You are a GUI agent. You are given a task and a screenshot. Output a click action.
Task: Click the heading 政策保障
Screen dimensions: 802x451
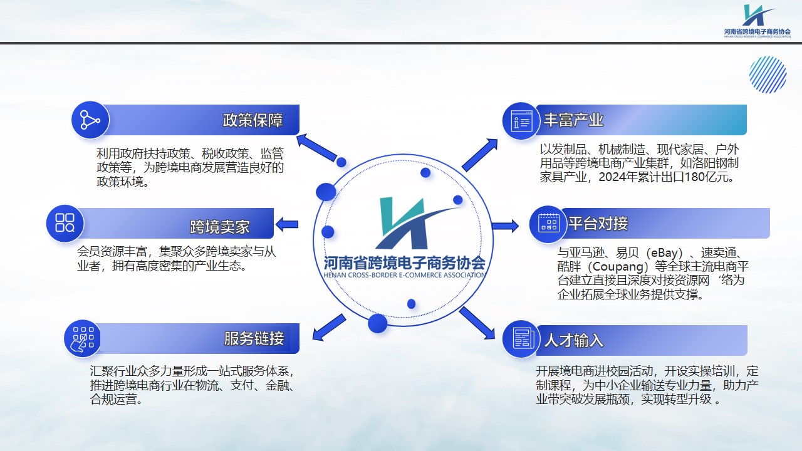pos(253,120)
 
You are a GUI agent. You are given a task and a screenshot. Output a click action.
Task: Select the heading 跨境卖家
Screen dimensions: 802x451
pos(219,227)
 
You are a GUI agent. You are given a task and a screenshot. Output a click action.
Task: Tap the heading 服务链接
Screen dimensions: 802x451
pos(254,338)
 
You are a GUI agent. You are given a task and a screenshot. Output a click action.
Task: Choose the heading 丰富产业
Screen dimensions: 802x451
pos(573,120)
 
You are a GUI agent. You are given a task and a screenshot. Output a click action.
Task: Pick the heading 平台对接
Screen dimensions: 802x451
pos(598,224)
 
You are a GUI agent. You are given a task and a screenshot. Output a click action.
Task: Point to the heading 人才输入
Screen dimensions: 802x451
pos(573,340)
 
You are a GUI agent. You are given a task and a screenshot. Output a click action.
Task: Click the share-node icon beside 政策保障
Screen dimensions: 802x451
pos(90,120)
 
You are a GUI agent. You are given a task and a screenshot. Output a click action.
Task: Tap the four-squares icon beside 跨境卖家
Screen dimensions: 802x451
pos(65,223)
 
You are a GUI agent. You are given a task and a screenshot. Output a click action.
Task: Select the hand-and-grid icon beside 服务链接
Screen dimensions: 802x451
pos(82,338)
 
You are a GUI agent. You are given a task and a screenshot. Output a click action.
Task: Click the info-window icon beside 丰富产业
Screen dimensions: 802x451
pos(521,121)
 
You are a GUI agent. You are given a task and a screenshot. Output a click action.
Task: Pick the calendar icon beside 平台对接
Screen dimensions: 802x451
pos(548,224)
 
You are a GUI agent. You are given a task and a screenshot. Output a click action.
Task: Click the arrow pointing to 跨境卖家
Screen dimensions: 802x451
pos(286,224)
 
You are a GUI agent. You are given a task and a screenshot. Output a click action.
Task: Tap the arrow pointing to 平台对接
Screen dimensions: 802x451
pos(505,226)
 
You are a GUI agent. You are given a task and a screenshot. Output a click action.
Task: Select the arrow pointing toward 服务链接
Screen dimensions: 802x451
pos(329,328)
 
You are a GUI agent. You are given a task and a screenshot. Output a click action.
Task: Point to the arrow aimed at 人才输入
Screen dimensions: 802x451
pos(477,323)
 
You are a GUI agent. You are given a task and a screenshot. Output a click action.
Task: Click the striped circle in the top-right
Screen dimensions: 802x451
pos(768,75)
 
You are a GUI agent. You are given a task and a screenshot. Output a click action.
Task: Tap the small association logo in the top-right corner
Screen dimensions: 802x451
pos(757,21)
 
